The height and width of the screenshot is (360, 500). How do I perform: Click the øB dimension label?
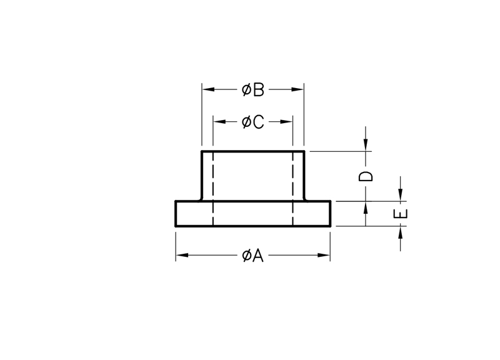point(253,89)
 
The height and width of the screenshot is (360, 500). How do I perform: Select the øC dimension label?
point(253,122)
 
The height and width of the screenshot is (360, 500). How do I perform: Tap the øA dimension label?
point(253,256)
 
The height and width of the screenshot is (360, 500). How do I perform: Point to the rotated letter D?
point(366,176)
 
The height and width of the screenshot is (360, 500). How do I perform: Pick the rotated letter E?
point(401,214)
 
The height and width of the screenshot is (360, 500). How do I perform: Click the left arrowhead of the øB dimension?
point(208,89)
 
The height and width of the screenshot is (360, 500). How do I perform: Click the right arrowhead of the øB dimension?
point(297,89)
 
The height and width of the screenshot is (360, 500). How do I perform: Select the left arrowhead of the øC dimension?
point(219,121)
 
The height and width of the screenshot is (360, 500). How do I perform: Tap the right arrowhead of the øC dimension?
point(286,121)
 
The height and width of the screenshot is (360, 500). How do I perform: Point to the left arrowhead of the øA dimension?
point(182,255)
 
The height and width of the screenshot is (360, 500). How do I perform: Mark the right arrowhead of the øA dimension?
point(324,255)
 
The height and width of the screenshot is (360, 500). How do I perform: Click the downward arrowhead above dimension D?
point(366,145)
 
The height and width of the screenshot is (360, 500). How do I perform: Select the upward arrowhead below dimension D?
point(366,207)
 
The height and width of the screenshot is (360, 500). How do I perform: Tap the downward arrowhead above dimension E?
point(401,195)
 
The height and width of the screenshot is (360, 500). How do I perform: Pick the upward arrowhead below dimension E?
point(401,232)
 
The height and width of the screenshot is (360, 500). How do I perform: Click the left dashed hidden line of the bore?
point(212,189)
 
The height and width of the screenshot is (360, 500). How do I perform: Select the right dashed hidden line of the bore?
point(292,189)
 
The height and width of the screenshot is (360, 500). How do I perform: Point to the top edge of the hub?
point(253,151)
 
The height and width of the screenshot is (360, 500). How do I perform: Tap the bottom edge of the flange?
point(253,226)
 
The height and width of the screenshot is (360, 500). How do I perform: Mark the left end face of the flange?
point(176,214)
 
